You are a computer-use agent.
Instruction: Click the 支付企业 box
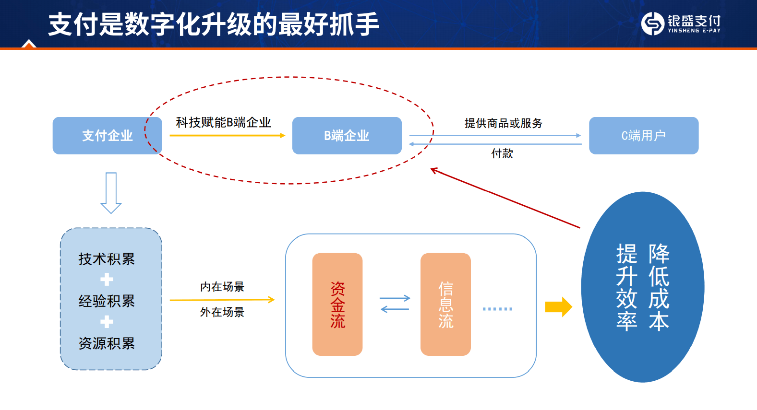tap(108, 135)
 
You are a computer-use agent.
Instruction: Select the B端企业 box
tap(347, 135)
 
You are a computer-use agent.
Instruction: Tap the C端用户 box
tap(644, 135)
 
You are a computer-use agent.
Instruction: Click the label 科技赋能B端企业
tap(223, 123)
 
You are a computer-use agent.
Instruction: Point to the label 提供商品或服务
tap(503, 123)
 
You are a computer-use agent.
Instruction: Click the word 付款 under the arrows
tap(502, 153)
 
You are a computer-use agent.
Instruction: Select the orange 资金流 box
tap(337, 304)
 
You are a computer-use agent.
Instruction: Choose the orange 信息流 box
tap(445, 304)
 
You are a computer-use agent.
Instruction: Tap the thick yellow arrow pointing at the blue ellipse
tap(558, 307)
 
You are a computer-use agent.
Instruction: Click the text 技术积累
tap(107, 259)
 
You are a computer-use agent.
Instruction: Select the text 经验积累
tap(107, 301)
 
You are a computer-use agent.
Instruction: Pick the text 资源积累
tap(107, 343)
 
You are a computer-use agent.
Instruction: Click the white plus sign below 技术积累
tap(107, 279)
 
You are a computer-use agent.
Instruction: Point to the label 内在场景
tap(222, 287)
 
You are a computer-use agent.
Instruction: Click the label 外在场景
tap(222, 312)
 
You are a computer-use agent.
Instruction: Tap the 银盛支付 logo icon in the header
tap(653, 23)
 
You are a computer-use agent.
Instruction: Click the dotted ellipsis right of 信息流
tap(497, 309)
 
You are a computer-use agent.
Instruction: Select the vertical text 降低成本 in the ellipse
tap(659, 287)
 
